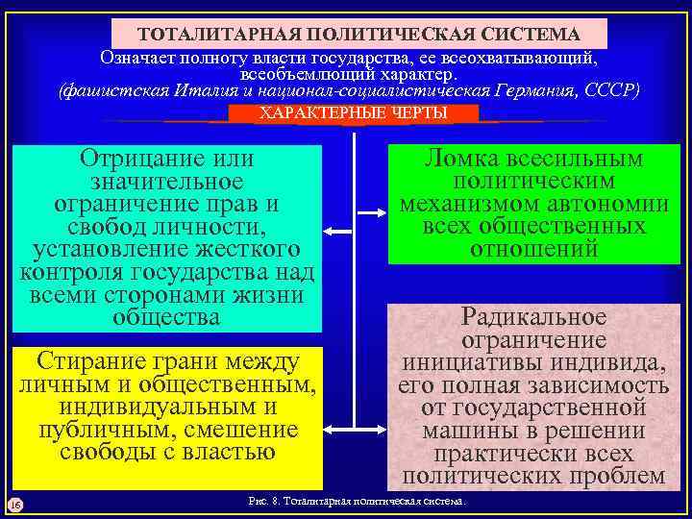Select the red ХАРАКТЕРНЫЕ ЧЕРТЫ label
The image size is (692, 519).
(354, 113)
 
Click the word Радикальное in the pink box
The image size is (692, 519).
(534, 316)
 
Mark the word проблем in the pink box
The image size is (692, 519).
(616, 476)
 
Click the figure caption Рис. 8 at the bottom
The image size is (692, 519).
(357, 503)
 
